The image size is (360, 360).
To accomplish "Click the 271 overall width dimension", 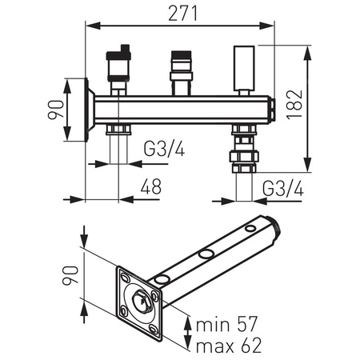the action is click(183, 14).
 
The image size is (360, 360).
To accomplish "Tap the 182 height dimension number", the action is click(295, 104).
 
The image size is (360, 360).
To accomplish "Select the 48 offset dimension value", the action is click(151, 186).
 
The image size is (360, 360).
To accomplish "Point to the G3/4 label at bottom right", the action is click(283, 189).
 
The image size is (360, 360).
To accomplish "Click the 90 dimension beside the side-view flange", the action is click(56, 110).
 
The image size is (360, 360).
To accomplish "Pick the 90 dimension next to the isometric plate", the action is click(70, 275).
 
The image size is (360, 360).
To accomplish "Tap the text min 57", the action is click(226, 324).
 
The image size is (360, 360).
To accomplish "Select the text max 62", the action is click(229, 346).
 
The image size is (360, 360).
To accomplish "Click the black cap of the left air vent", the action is click(118, 54).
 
